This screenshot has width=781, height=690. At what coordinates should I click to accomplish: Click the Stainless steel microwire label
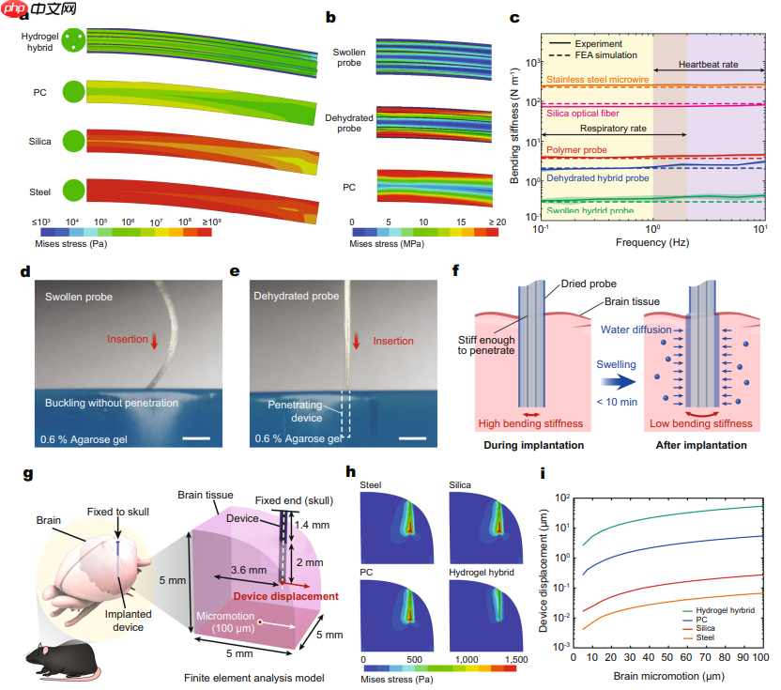(x=602, y=80)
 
